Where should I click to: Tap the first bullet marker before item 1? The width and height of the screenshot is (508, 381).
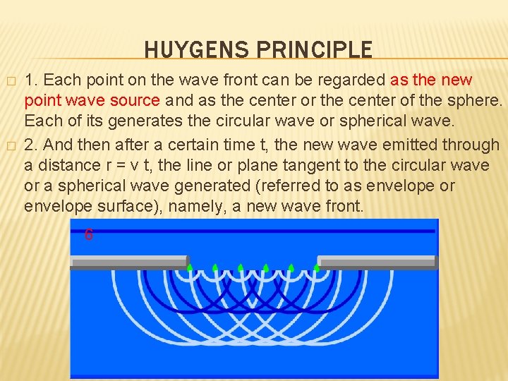point(10,80)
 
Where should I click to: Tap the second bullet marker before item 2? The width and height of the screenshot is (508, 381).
point(10,145)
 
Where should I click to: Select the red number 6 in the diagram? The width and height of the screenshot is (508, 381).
point(88,235)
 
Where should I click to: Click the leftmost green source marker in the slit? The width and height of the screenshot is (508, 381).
point(189,267)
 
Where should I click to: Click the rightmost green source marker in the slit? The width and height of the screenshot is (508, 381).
point(316,267)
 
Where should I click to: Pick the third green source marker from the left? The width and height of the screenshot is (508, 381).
point(240,267)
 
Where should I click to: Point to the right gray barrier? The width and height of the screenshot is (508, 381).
point(377,262)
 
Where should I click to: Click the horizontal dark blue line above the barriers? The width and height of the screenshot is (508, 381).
point(254,231)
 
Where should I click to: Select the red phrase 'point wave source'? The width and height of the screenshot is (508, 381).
point(92,101)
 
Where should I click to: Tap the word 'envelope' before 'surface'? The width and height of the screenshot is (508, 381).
point(52,207)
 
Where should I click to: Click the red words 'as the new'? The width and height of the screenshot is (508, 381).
point(430,80)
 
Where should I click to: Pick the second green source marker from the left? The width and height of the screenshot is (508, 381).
point(214,267)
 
